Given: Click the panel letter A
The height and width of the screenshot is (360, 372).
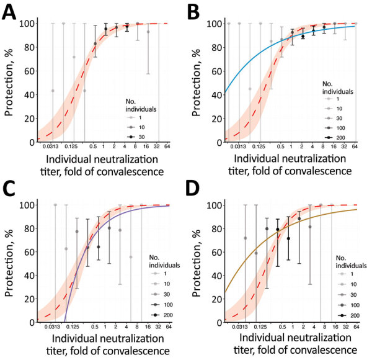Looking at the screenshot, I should pyautogui.click(x=11, y=13).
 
